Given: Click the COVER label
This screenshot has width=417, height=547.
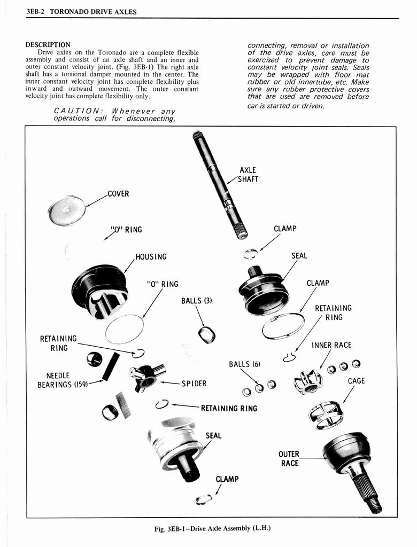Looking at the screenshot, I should coord(118,194).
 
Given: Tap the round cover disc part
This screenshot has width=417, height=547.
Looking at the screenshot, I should coord(67,210).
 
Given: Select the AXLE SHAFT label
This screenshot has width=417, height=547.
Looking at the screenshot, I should coord(248,175).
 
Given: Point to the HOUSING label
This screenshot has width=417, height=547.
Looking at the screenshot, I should coord(151,257).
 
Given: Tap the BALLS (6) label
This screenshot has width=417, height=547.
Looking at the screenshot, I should coord(244,364).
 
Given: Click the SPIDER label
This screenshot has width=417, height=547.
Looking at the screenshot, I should coord(194,384).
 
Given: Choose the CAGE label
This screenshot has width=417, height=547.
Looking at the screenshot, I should coord(356,381).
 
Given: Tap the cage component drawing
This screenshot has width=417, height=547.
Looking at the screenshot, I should coord(326,414).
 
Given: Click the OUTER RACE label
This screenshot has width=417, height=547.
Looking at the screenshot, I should coord(289,459).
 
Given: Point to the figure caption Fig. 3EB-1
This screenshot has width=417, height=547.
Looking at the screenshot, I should coord(213,529).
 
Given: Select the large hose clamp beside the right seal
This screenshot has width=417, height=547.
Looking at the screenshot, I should coord(283,326).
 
